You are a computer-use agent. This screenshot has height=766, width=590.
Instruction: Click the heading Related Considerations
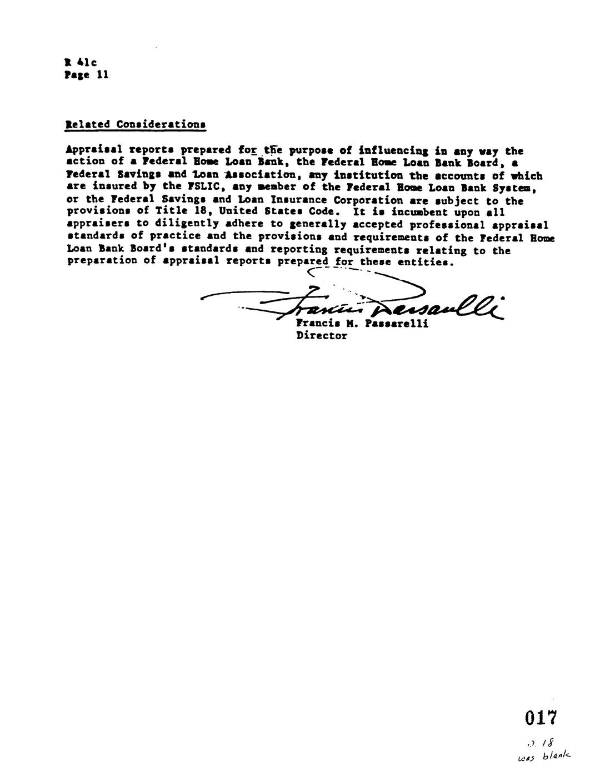coord(136,124)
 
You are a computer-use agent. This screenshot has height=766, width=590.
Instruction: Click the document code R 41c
coord(81,63)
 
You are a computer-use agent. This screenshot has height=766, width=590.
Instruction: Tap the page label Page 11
coord(86,75)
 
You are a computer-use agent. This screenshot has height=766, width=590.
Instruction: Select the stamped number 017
coord(540,718)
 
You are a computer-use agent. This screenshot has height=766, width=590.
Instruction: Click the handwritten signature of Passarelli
coord(356,303)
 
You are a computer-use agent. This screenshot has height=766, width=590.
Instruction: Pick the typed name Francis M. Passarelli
coord(362,323)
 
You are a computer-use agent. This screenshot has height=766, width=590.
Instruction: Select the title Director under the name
coord(322,336)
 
